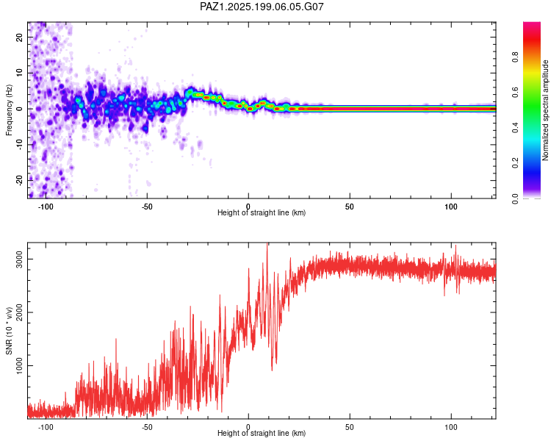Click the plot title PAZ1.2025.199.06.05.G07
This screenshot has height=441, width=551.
pyautogui.click(x=262, y=7)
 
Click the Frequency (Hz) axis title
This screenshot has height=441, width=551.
pyautogui.click(x=9, y=110)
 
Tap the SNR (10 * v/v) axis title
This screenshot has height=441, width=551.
pyautogui.click(x=9, y=331)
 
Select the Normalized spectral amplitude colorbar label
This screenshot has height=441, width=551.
pyautogui.click(x=545, y=110)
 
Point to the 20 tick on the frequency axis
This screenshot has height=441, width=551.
pyautogui.click(x=19, y=37)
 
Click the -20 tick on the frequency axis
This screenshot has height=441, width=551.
pyautogui.click(x=19, y=180)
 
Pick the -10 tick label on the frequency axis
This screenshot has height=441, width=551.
pyautogui.click(x=19, y=145)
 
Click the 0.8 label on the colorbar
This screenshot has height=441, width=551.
pyautogui.click(x=515, y=57)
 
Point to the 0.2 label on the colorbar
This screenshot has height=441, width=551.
pyautogui.click(x=515, y=163)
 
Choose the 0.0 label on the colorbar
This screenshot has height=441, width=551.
pyautogui.click(x=515, y=198)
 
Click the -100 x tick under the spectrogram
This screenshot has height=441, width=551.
pyautogui.click(x=46, y=207)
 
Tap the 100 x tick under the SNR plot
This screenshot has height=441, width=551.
pyautogui.click(x=451, y=427)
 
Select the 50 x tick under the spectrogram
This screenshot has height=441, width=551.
pyautogui.click(x=349, y=207)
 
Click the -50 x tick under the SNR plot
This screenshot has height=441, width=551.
pyautogui.click(x=147, y=427)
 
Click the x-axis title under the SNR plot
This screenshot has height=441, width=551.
pyautogui.click(x=262, y=433)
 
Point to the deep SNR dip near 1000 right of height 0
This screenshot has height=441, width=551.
pyautogui.click(x=272, y=369)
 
